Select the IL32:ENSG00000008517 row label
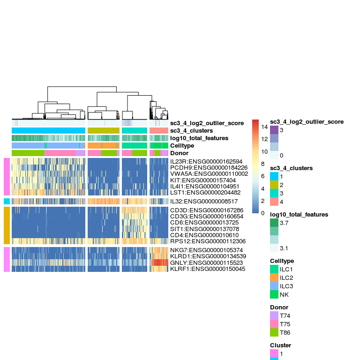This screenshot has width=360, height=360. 204,202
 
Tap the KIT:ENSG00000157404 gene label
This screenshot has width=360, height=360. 203,180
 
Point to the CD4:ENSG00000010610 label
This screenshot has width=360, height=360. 204,235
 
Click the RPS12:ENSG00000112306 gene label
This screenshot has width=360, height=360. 208,241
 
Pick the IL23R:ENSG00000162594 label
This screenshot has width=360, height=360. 206,162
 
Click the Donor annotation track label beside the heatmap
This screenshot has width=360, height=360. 180,153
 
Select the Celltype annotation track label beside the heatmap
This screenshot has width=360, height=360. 182,146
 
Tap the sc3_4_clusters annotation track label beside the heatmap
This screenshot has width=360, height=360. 191,131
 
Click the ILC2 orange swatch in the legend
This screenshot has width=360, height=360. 274,278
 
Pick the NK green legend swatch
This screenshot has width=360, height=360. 274,294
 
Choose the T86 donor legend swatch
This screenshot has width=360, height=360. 274,332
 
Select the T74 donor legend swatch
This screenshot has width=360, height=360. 274,315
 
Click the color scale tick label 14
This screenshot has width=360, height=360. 264,127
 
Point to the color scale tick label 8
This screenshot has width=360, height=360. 263,164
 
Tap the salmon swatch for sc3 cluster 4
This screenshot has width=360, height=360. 274,202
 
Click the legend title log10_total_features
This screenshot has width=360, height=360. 299,214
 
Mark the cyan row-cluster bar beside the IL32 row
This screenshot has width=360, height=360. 7,202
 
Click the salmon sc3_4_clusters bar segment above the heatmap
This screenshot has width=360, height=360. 159,130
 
